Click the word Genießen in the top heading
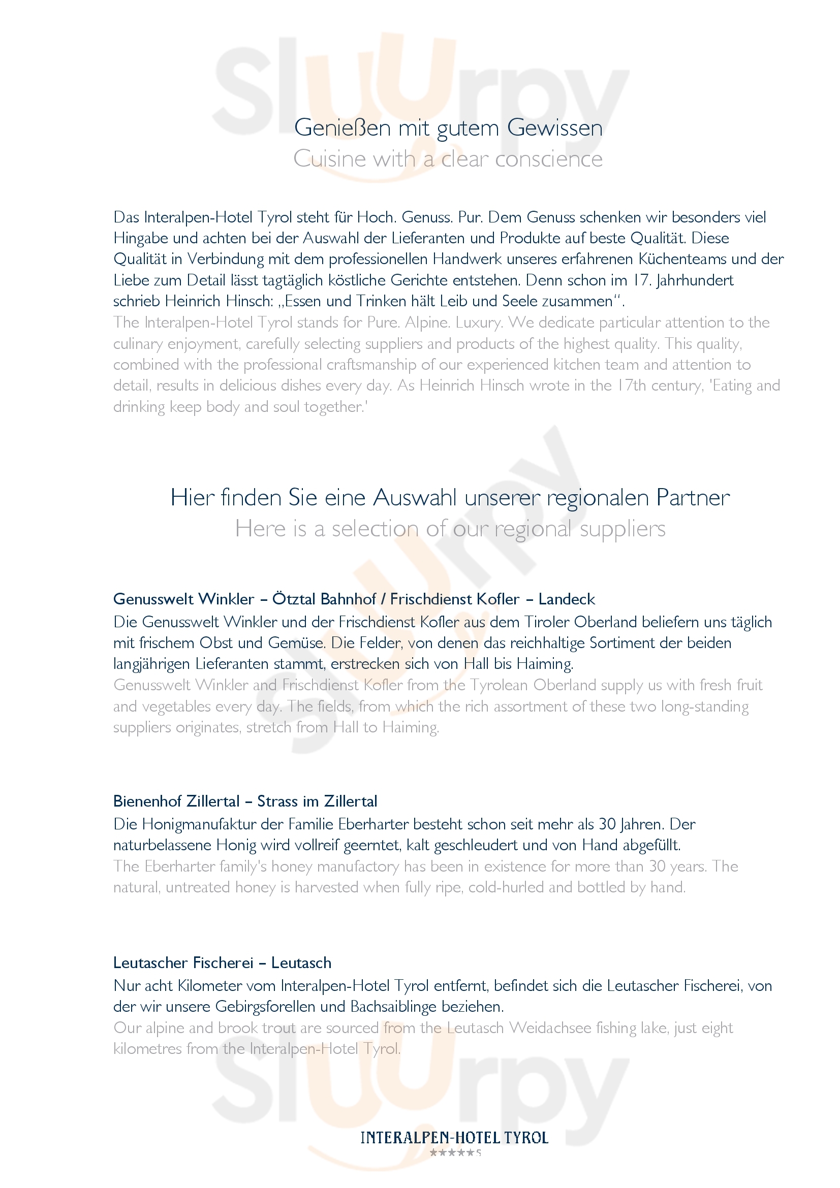click(x=342, y=128)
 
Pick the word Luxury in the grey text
click(x=479, y=323)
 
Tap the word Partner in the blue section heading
click(x=693, y=498)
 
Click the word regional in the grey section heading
click(x=533, y=529)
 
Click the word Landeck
click(x=567, y=599)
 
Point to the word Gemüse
click(x=296, y=643)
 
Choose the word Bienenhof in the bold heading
click(x=147, y=801)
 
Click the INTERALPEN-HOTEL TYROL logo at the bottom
click(x=454, y=1138)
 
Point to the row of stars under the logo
click(x=452, y=1153)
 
